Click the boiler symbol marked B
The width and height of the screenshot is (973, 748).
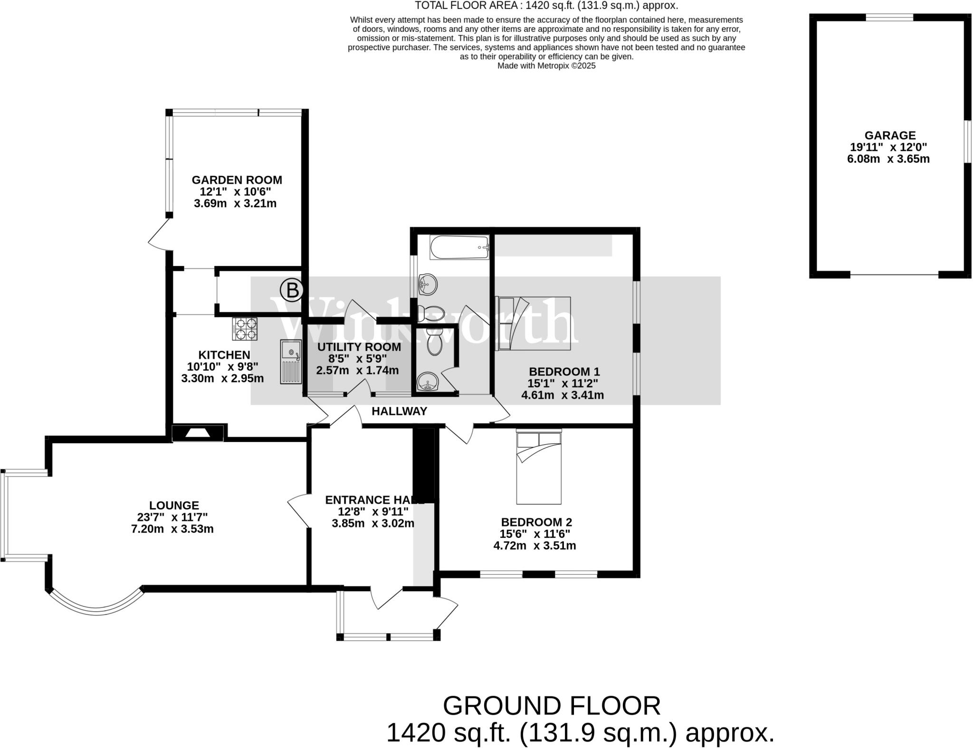click(292, 290)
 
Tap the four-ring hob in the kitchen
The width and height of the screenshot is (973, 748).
click(245, 329)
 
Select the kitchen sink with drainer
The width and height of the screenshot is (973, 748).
click(291, 362)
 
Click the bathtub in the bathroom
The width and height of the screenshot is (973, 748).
click(459, 247)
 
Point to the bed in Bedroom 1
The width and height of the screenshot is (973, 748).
click(533, 323)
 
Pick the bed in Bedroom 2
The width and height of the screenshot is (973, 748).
click(539, 467)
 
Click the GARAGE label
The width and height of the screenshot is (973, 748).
click(890, 135)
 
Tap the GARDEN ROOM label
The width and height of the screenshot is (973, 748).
click(237, 180)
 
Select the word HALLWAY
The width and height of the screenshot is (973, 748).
click(399, 412)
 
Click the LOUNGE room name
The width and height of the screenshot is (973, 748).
click(174, 506)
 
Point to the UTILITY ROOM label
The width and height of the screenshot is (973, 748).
click(359, 347)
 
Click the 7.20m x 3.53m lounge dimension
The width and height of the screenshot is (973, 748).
click(172, 529)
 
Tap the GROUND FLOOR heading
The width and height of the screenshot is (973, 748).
click(552, 706)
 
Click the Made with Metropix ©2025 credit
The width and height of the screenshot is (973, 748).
click(546, 66)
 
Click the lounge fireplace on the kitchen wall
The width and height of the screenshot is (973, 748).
click(198, 433)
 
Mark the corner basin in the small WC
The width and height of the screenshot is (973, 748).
click(427, 382)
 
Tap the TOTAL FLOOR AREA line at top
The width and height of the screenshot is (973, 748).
click(546, 6)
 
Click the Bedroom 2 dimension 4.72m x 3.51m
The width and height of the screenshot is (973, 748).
click(534, 546)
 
